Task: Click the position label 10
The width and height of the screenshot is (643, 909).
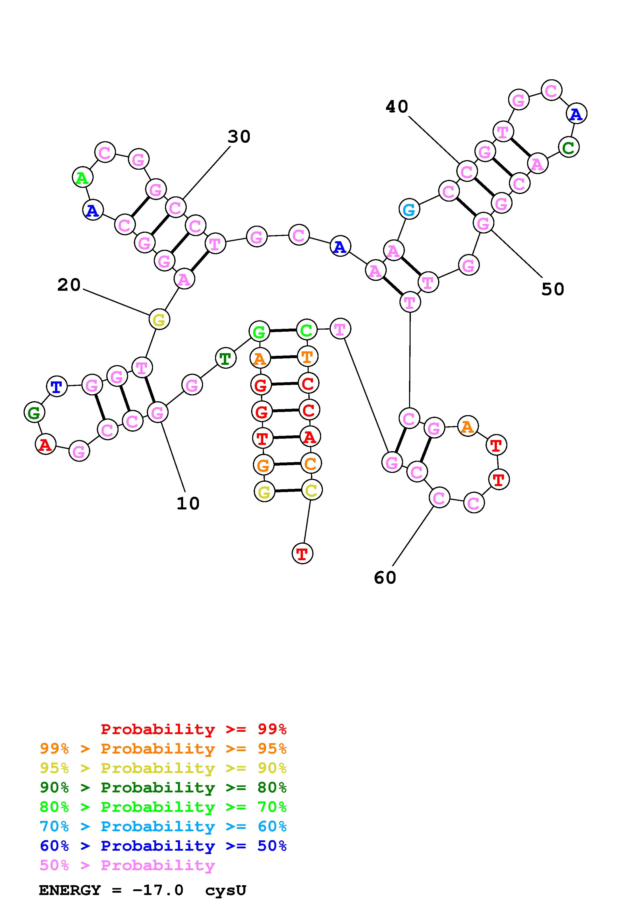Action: [x=188, y=503]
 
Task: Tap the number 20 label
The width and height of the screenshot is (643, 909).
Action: [x=69, y=285]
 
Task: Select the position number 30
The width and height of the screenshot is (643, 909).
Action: [x=239, y=137]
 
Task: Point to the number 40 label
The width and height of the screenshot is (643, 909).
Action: [x=397, y=106]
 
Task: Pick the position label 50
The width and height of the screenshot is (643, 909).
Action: [x=553, y=289]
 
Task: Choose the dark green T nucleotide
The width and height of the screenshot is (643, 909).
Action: [x=225, y=358]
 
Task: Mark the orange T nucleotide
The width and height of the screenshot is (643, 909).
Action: [x=307, y=357]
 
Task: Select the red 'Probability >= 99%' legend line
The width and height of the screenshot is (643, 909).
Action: [x=194, y=729]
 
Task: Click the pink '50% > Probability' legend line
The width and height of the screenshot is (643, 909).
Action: [x=127, y=865]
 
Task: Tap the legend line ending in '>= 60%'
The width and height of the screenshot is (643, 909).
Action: [x=163, y=826]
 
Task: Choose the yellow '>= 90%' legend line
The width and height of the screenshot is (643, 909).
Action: [x=163, y=768]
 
